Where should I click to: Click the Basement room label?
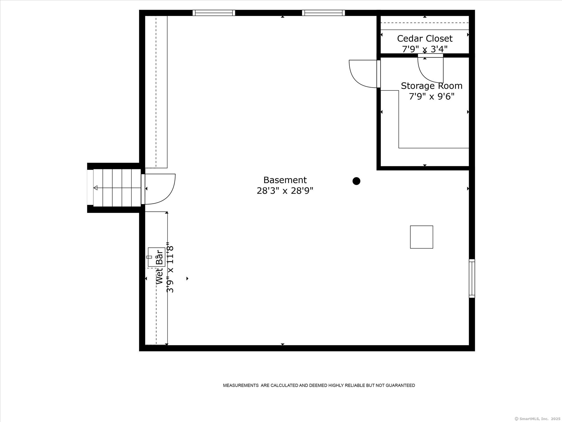point(285,180)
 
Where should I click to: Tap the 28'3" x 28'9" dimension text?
point(285,191)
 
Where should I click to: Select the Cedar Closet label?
point(425,39)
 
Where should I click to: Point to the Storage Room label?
point(432,86)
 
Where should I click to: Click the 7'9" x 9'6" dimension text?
point(432,97)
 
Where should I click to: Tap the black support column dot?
point(356,181)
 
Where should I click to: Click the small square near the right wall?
point(422,237)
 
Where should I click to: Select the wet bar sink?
point(157,257)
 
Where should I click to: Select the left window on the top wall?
point(214,13)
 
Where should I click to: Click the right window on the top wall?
point(323,13)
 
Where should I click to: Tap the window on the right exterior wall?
point(472,279)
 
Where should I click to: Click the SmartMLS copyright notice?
point(537,419)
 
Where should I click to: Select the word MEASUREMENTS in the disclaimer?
point(241,385)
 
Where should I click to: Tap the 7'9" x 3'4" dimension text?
point(425,49)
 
